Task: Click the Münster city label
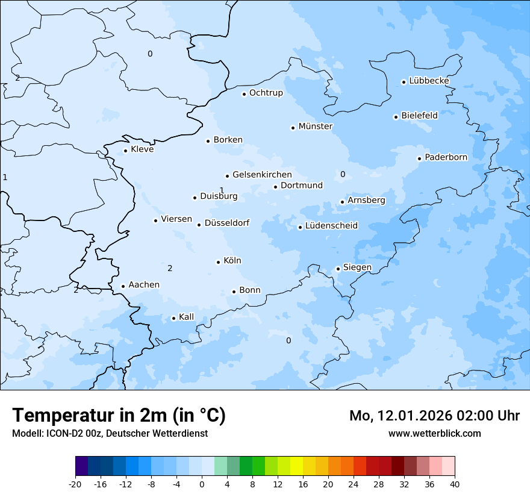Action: coord(315,127)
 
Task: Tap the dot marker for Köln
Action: coord(218,262)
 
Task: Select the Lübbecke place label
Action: coord(429,81)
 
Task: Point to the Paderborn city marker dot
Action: coord(419,158)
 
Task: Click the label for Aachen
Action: coord(144,285)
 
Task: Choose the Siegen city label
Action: coord(357,267)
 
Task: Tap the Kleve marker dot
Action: coord(125,151)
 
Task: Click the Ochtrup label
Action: coord(266,93)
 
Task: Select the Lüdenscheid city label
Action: coord(331,226)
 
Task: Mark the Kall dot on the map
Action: coord(173,318)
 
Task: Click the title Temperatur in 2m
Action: coord(119,415)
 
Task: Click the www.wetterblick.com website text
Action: coord(434,433)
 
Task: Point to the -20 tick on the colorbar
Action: coord(75,484)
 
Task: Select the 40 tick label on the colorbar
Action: coord(455,484)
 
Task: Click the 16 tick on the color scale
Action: coord(303,484)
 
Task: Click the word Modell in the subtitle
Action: coord(26,433)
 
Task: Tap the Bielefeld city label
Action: coord(419,115)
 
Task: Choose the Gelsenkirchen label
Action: coord(262,175)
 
